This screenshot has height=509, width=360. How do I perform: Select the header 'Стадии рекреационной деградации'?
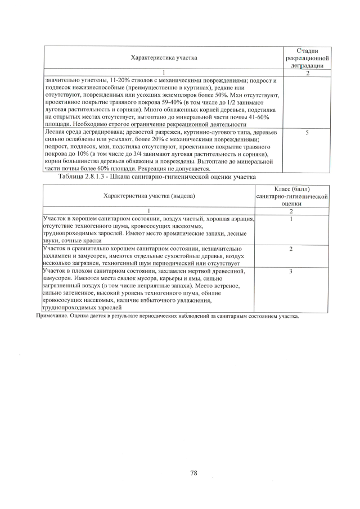(x=307, y=58)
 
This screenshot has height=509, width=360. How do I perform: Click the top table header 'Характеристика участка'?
(x=164, y=58)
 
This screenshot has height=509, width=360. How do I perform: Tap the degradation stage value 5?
(x=307, y=133)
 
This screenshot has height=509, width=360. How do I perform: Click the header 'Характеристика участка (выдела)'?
(x=149, y=196)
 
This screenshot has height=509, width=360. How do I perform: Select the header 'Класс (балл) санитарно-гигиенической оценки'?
(x=291, y=196)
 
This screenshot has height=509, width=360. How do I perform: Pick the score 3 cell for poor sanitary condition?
(x=291, y=272)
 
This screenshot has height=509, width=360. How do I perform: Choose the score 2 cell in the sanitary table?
(x=291, y=249)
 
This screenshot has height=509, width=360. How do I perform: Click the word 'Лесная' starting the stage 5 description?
(x=54, y=132)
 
